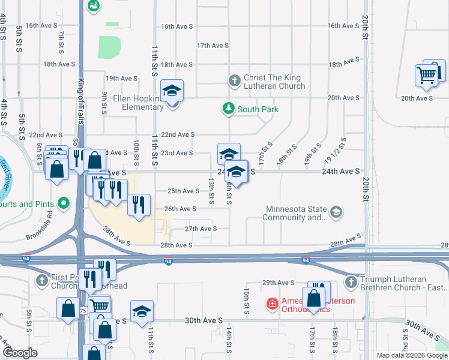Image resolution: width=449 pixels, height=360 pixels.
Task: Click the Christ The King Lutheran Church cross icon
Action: pyautogui.click(x=235, y=80)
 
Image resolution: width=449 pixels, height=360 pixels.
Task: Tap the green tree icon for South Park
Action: pyautogui.click(x=228, y=109)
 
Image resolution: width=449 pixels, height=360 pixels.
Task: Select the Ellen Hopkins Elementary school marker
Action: pyautogui.click(x=172, y=92)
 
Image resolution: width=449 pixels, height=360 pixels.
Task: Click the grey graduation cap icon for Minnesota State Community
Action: pyautogui.click(x=336, y=212)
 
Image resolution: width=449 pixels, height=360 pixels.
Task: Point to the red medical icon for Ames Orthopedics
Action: pyautogui.click(x=273, y=304)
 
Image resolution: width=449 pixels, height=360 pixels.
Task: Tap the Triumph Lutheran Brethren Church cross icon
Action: pyautogui.click(x=351, y=281)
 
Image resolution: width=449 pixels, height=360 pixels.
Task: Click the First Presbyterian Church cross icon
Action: pyautogui.click(x=43, y=280)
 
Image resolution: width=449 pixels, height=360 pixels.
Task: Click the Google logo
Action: pyautogui.click(x=20, y=353)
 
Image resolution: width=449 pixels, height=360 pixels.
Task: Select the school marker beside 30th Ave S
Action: pyautogui.click(x=142, y=313)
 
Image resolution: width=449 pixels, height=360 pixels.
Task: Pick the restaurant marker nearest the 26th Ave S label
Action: pyautogui.click(x=138, y=205)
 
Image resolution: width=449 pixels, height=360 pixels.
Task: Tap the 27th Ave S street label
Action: pyautogui.click(x=200, y=229)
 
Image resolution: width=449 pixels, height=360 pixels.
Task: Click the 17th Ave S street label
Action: pyautogui.click(x=212, y=46)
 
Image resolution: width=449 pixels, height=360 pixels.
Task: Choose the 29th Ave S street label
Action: pyautogui.click(x=278, y=283)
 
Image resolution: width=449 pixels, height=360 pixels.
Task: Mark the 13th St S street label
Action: pyautogui.click(x=211, y=191)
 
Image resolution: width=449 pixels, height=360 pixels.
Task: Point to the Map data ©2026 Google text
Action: pyautogui.click(x=412, y=355)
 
